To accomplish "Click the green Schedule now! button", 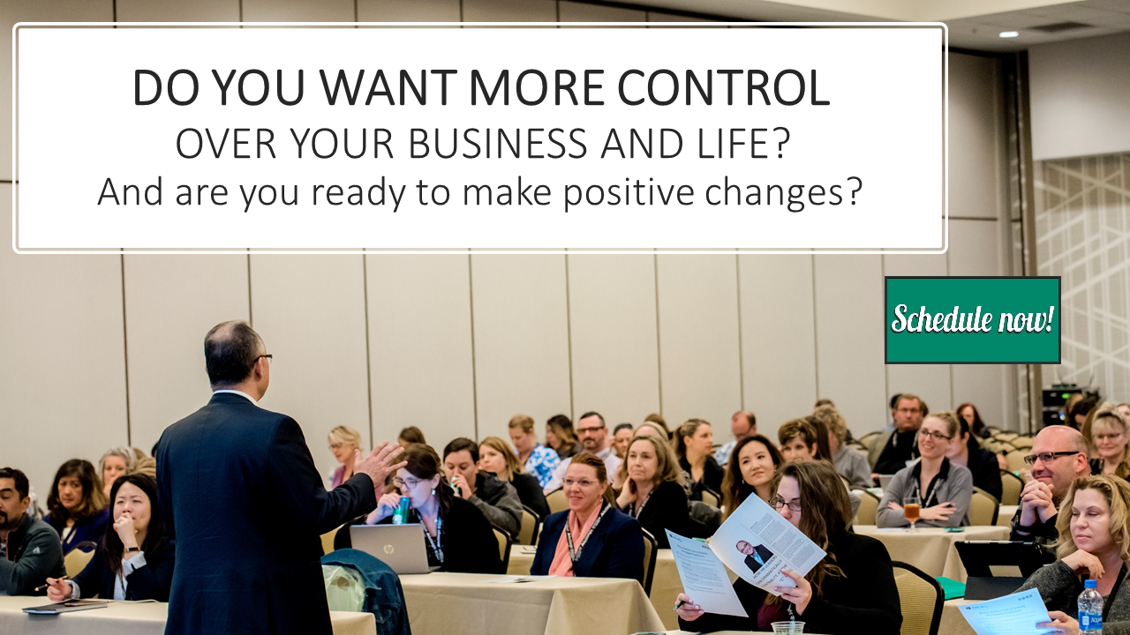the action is click(x=973, y=320).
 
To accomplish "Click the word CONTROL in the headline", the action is click(x=723, y=87).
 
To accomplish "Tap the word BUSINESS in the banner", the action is click(x=498, y=144).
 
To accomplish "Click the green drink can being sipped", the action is click(x=402, y=510).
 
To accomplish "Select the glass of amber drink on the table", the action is click(x=912, y=514).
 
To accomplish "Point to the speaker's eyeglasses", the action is click(x=264, y=358).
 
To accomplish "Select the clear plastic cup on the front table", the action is click(x=787, y=628).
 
